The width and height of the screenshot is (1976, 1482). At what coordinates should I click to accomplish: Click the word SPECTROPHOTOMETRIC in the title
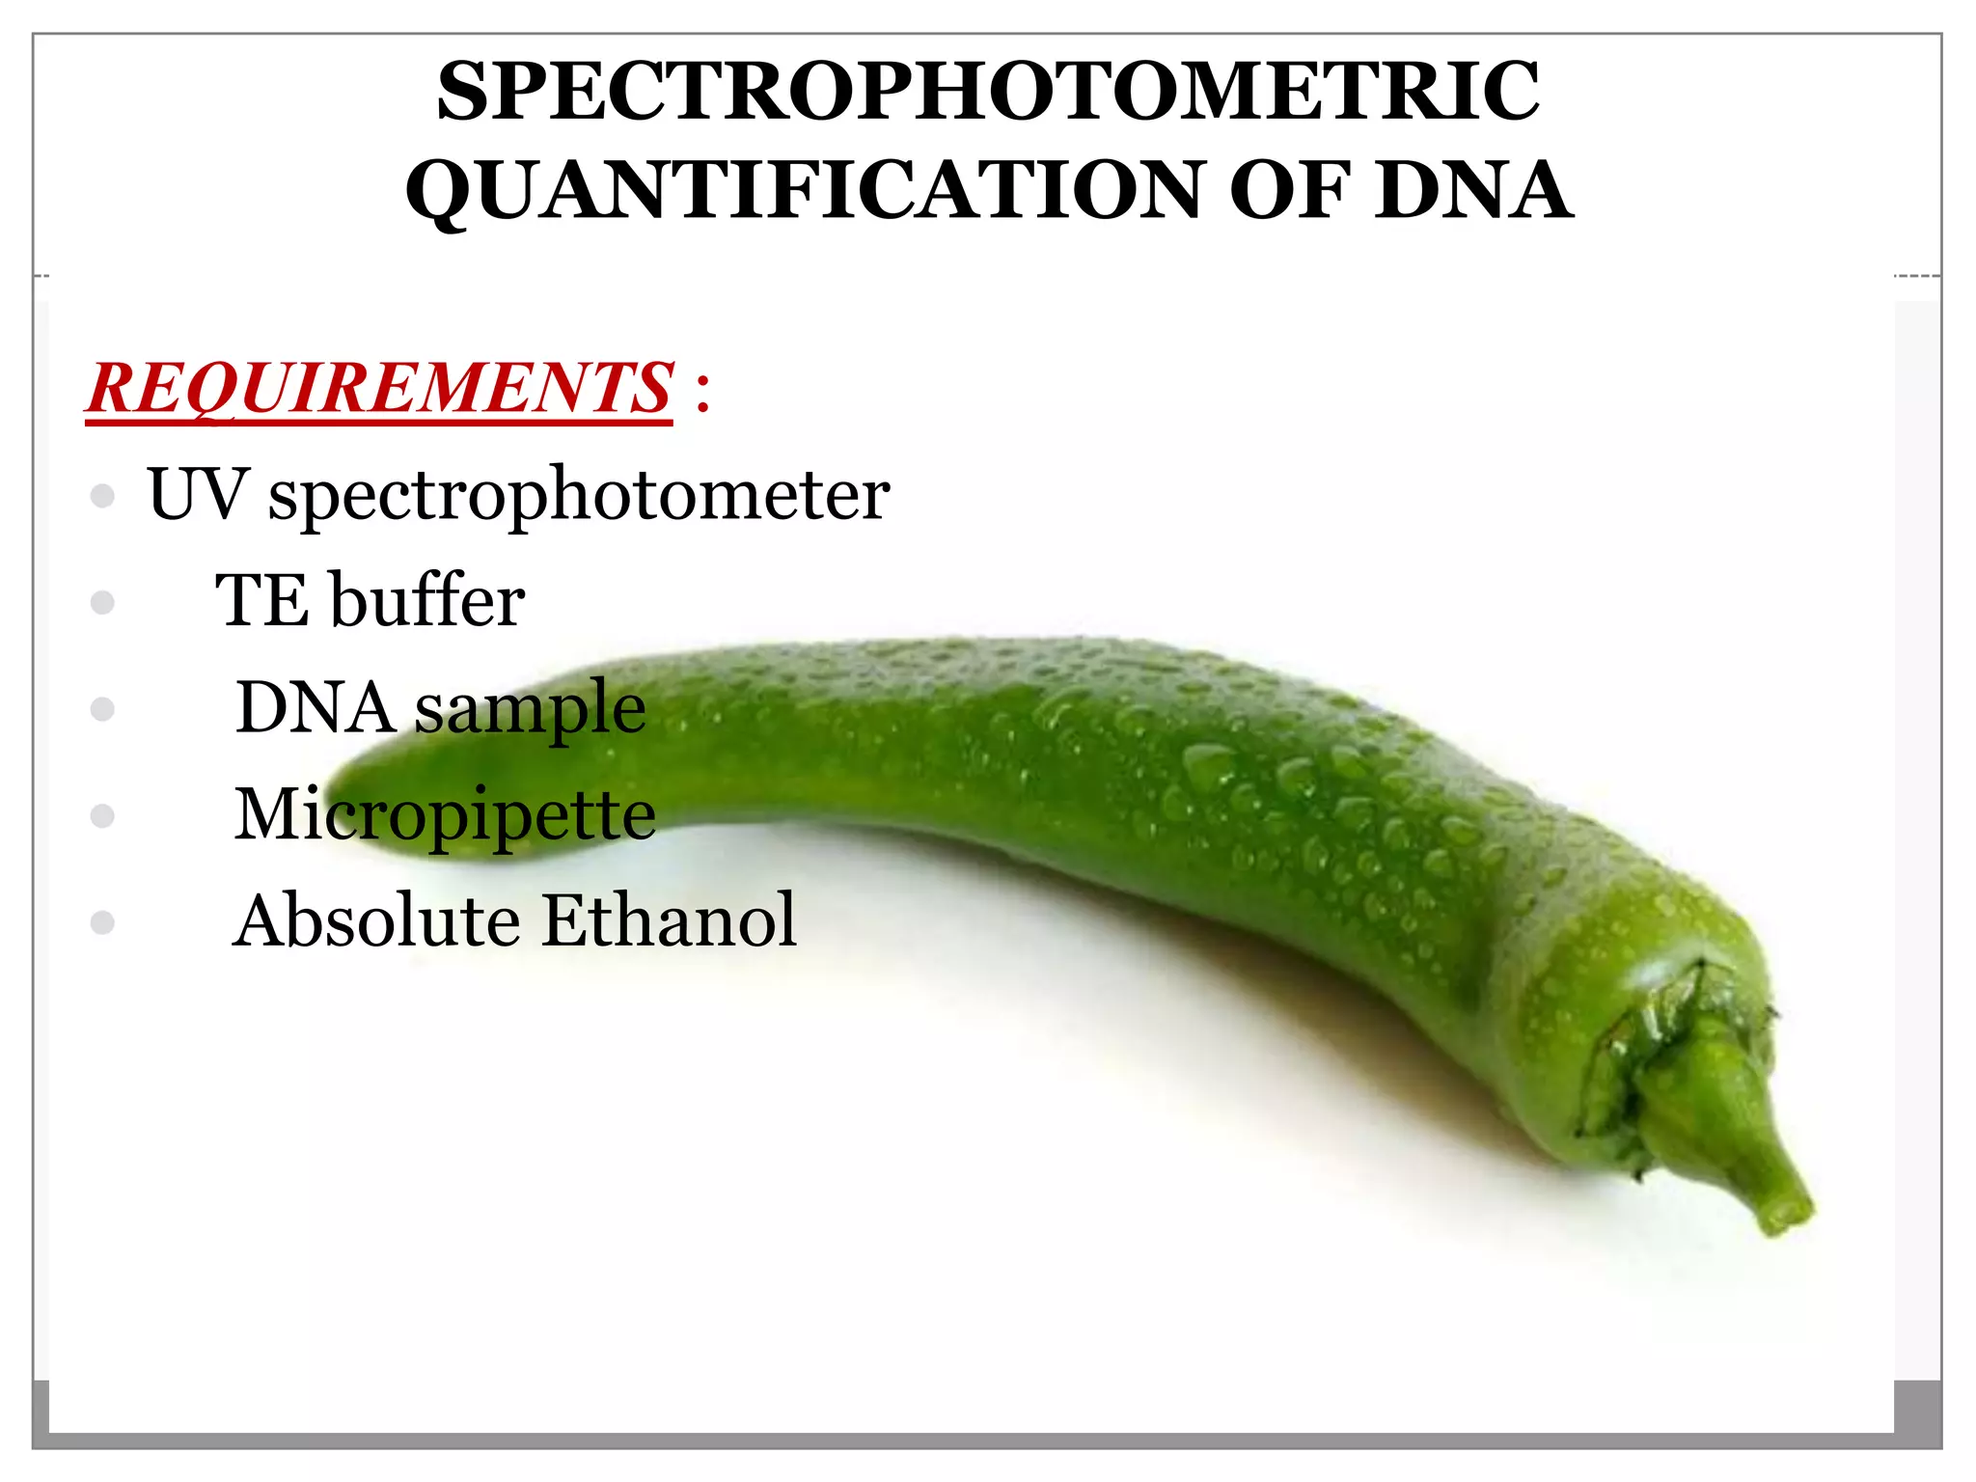(988, 92)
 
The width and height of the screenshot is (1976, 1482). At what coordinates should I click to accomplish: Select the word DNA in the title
(1473, 190)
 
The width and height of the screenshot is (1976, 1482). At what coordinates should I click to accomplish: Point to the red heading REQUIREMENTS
(379, 388)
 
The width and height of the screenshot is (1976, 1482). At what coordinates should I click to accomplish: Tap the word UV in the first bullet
(197, 494)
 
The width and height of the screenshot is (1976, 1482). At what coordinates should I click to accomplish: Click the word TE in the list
(261, 600)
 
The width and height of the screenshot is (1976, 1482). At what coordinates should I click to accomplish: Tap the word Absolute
(376, 920)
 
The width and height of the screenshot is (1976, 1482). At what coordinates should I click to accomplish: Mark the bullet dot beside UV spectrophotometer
(102, 496)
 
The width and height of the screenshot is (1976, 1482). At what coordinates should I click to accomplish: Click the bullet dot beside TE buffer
(102, 603)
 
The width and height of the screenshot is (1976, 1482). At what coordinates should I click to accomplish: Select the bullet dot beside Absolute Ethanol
(102, 922)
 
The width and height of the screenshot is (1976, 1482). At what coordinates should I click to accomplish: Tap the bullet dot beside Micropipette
(102, 816)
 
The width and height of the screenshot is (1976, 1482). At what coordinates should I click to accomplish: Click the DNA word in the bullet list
(315, 708)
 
